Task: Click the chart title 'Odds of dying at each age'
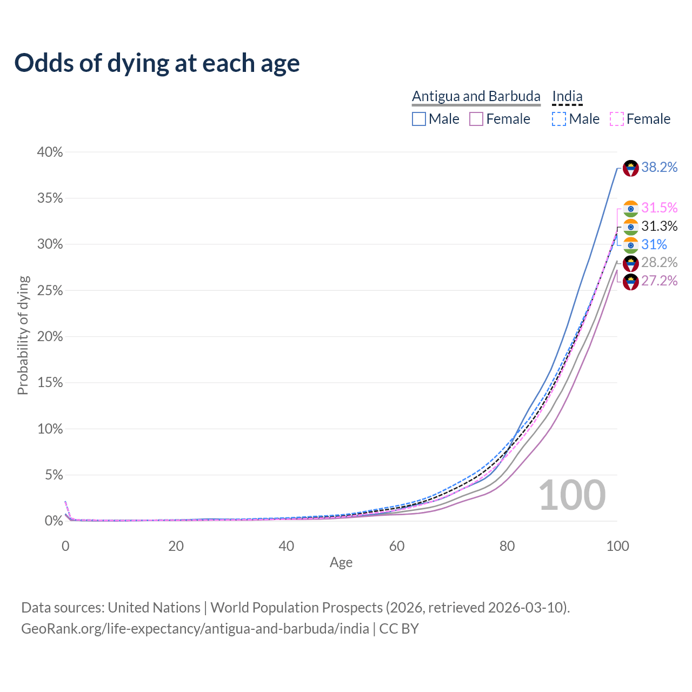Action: click(x=157, y=63)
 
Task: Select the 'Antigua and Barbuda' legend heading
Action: click(x=476, y=96)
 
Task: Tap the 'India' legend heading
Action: click(x=567, y=96)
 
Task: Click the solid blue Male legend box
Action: click(x=419, y=119)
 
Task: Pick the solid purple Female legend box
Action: click(x=476, y=119)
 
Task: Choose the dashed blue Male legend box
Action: click(x=559, y=119)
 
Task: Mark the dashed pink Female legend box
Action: click(x=617, y=119)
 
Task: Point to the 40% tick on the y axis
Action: click(x=50, y=152)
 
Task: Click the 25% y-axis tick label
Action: click(x=50, y=291)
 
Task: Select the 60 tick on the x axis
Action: click(x=397, y=546)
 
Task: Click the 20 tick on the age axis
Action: click(x=176, y=546)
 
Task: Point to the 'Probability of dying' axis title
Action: click(x=23, y=335)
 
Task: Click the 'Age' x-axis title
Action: click(x=341, y=563)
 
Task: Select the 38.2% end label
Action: click(x=659, y=168)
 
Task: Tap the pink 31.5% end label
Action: click(x=659, y=208)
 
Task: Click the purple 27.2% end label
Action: click(x=659, y=281)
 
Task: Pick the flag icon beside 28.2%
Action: click(x=631, y=263)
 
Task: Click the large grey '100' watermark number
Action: click(x=572, y=495)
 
